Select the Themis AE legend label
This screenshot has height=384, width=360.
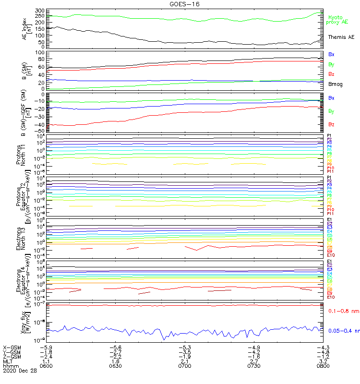pos(341,37)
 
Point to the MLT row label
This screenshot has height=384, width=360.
pos(9,361)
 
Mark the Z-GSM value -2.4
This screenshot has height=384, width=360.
pos(46,356)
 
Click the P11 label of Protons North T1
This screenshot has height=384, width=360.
pos(330,171)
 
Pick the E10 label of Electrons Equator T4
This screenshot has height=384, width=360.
pos(331,297)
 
